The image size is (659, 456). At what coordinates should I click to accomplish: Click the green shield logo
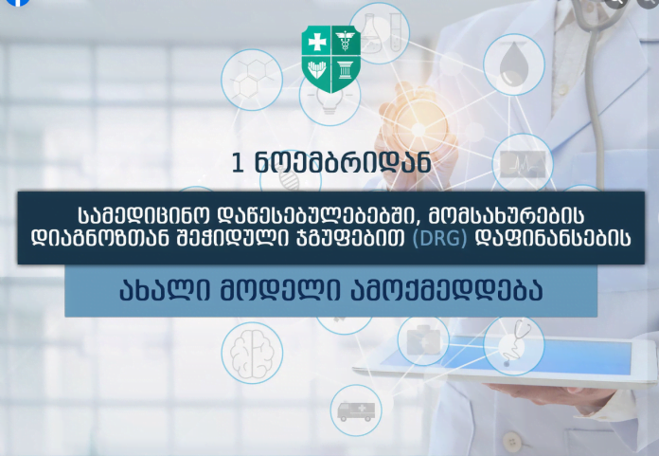coord(331,59)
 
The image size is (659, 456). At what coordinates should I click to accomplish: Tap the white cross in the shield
coord(317,42)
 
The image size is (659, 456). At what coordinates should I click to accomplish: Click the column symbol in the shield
coord(345,71)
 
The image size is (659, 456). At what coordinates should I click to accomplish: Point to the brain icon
coord(252,353)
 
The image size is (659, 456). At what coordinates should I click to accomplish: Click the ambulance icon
coord(356,411)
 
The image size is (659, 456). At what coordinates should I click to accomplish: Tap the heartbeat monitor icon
coord(523,164)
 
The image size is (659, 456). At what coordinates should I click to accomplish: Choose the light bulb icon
coord(329,100)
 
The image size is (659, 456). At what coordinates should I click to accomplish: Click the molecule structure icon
coord(251,79)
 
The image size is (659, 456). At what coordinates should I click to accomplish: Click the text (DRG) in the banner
coord(439,239)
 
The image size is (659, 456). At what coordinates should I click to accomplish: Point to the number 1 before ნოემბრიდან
coord(238,162)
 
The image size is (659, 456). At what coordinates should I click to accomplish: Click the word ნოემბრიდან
coord(343,162)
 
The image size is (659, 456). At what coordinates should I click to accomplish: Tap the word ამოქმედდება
coord(447,290)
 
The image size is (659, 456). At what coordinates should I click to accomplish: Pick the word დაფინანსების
coord(553,239)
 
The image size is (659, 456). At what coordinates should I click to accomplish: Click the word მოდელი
coord(280,290)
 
